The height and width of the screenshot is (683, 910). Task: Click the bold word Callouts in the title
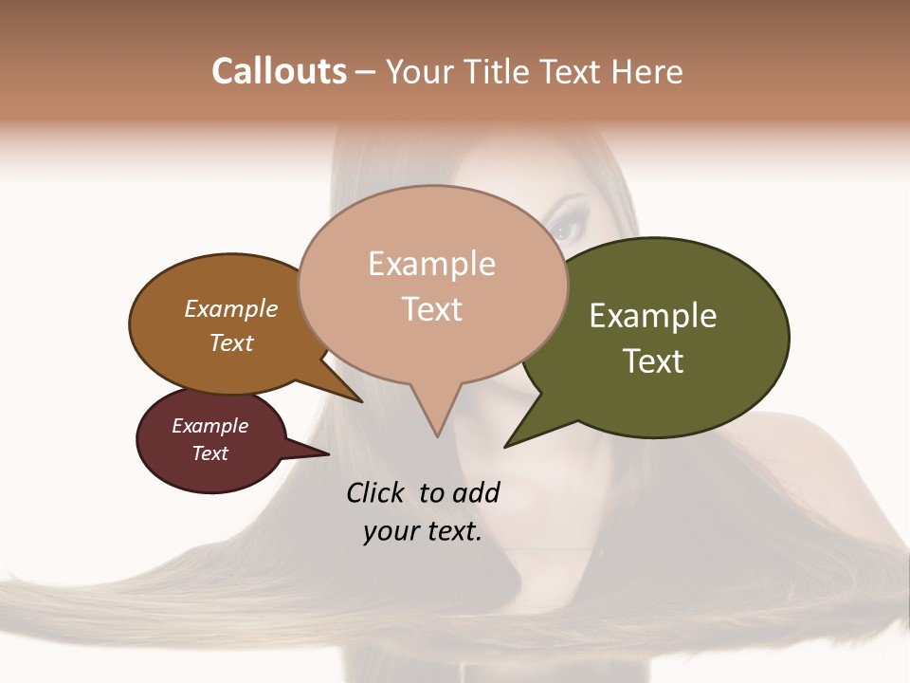(279, 71)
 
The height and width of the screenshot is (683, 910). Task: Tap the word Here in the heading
(647, 72)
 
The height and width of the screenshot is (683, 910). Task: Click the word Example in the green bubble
(653, 316)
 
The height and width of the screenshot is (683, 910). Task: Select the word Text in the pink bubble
(432, 309)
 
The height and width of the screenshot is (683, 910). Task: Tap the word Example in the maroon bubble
(210, 426)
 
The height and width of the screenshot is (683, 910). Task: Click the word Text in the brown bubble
(231, 342)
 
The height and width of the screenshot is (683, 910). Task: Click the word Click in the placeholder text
(377, 492)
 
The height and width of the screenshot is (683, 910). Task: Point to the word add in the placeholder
(475, 492)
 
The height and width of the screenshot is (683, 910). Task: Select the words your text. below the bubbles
(423, 531)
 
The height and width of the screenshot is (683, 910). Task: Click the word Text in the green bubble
(653, 361)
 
